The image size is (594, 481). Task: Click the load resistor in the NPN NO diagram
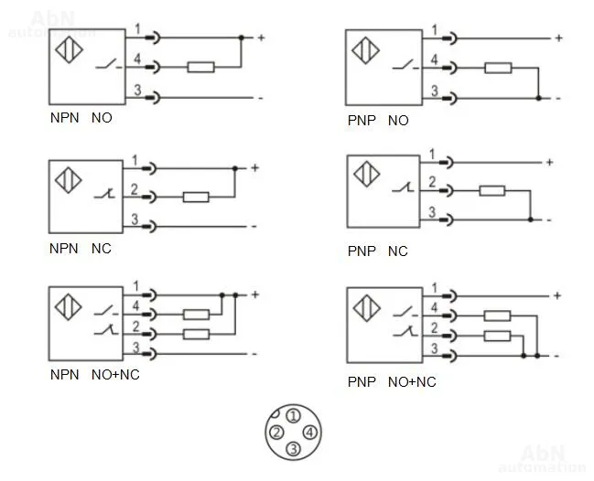200,67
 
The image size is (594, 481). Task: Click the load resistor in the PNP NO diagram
498,68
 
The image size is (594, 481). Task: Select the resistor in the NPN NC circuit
196,196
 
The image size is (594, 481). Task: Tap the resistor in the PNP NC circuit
492,190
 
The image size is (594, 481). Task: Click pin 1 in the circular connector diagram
292,416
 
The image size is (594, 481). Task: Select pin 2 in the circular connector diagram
275,433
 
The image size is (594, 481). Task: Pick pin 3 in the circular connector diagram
293,448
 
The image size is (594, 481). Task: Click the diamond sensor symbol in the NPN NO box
67,48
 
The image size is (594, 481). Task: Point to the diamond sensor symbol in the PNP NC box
366,173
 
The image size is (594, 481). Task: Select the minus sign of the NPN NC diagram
254,225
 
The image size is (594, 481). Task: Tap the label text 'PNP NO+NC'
392,381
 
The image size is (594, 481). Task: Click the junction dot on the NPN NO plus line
241,38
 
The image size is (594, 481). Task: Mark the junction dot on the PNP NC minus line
531,219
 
